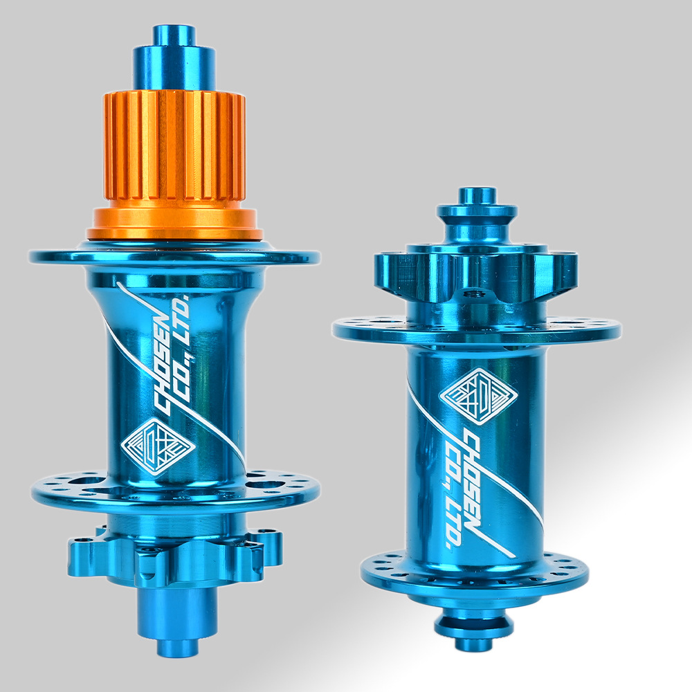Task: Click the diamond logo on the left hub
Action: (x=158, y=446)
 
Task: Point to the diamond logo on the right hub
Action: (x=478, y=396)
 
